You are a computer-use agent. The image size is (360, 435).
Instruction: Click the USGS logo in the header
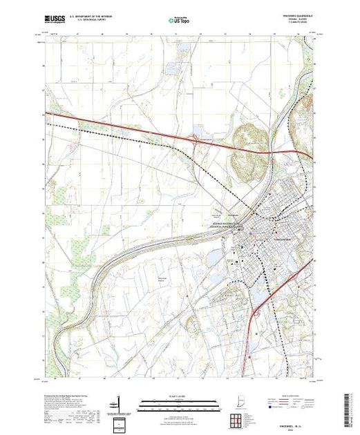[55, 19]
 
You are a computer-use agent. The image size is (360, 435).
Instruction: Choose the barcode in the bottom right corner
[350, 406]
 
